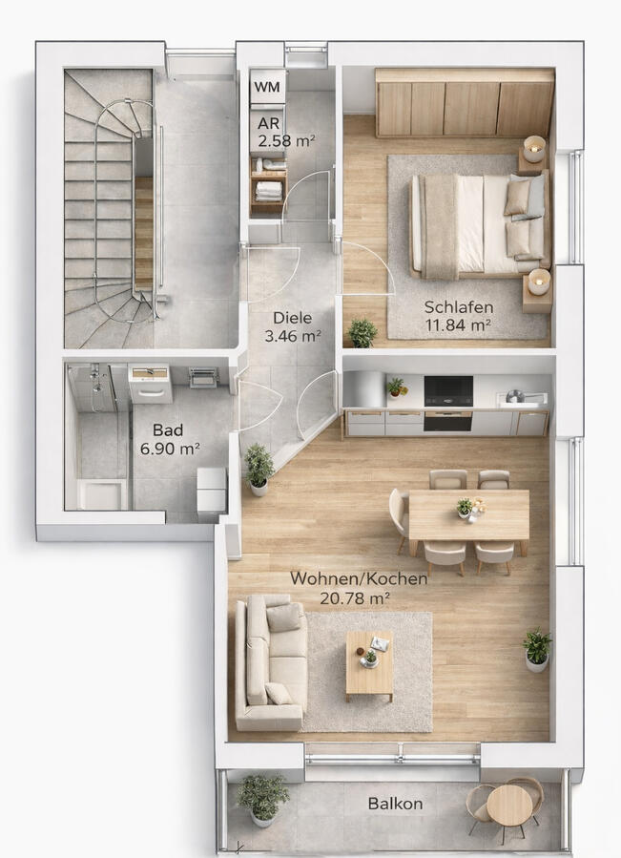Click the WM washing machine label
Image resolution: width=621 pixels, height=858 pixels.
(267, 87)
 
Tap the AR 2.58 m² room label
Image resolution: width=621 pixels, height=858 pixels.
(285, 132)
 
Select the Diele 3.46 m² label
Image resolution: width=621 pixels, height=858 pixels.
(292, 326)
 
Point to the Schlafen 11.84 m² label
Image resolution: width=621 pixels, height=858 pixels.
(459, 316)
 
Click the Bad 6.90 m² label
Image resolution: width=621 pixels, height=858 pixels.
(169, 439)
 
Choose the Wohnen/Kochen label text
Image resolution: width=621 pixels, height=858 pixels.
(359, 578)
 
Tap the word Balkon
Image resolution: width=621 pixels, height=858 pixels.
(395, 804)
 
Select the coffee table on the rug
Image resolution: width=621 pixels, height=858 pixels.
(369, 665)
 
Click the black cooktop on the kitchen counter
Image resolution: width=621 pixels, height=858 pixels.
(448, 391)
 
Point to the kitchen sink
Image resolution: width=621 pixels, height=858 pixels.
(522, 398)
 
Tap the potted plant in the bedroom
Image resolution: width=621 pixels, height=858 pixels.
(362, 333)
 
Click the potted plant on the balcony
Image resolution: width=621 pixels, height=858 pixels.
(262, 799)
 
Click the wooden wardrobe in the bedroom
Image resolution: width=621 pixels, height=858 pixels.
(465, 102)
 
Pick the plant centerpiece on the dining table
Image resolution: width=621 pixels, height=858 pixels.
(465, 507)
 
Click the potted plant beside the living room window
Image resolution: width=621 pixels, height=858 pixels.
(537, 649)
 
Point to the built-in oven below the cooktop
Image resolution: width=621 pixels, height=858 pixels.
(448, 421)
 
